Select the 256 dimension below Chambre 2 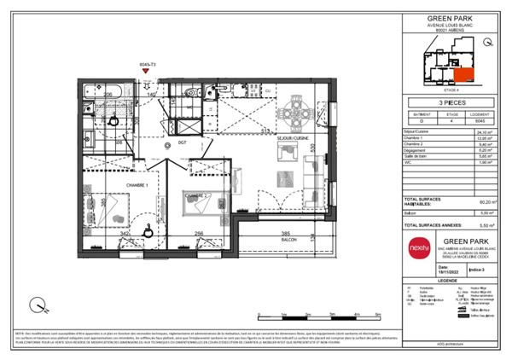tap(199, 233)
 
